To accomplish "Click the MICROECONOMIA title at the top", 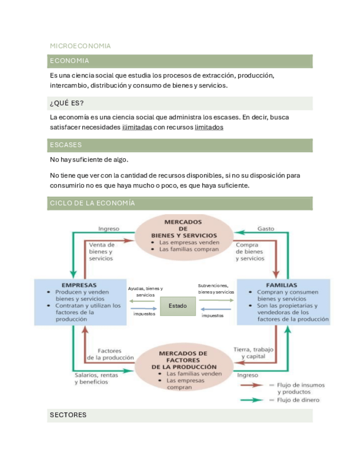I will pos(80,46).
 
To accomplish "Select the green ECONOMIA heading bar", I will pos(180,61).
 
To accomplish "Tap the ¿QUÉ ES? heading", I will pos(67,103).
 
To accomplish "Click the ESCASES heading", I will pos(66,145).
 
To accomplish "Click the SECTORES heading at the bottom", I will pos(68,415).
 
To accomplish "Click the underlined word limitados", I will pos(209,127).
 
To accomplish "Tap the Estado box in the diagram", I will pos(178,306).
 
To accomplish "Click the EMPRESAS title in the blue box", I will pos(79,285).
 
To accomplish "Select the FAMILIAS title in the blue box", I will pos(281,285).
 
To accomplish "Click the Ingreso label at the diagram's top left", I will pos(108,229).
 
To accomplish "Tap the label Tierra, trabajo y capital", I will pos(253,353).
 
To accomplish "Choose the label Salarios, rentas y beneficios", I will pos(96,379).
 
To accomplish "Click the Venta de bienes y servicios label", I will pos(102,251).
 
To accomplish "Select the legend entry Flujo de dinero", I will pos(298,400).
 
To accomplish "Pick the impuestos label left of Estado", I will pos(145,314).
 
